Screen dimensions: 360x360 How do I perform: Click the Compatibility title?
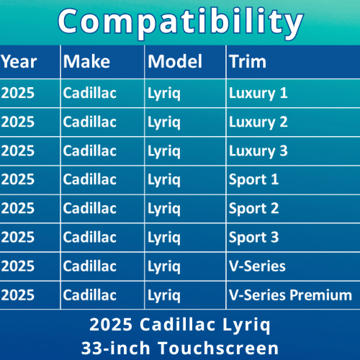click(181, 23)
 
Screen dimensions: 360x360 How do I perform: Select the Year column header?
click(19, 62)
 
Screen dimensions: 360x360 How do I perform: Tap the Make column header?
click(86, 61)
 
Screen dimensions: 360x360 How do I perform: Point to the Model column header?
click(175, 61)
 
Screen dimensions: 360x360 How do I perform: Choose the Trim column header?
click(248, 61)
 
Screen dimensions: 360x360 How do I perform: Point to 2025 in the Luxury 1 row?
click(18, 93)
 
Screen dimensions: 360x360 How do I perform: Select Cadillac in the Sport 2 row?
click(90, 208)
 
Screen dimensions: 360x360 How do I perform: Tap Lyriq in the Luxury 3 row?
click(164, 152)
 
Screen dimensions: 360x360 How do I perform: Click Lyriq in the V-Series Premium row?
click(164, 296)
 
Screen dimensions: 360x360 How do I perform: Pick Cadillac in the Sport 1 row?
click(90, 179)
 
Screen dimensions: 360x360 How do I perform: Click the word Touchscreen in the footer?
click(218, 348)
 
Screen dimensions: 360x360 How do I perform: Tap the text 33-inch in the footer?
click(116, 348)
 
